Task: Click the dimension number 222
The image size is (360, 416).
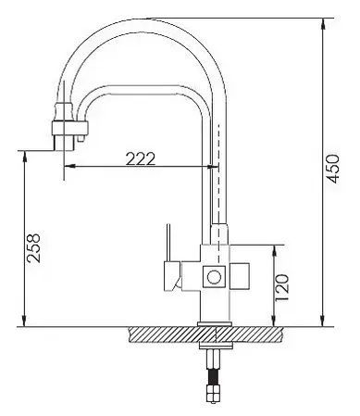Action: point(141,158)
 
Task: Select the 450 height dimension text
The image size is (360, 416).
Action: point(332,169)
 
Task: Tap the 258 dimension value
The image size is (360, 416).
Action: point(33,248)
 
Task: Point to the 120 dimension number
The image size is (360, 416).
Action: point(282,288)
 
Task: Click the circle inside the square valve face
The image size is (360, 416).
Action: point(214,277)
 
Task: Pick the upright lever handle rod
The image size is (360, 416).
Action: point(168,243)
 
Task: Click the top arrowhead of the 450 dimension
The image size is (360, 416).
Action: point(322,22)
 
